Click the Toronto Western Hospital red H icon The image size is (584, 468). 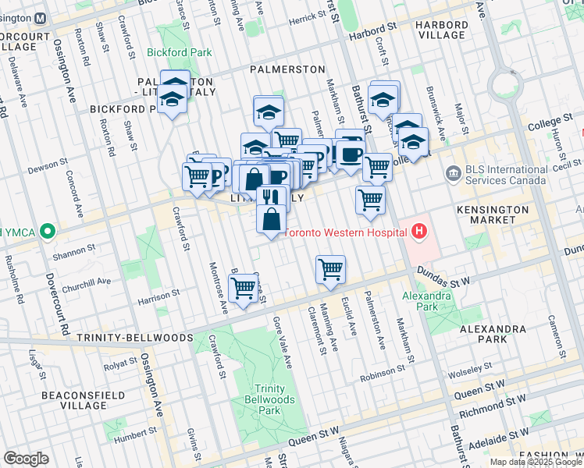pyautogui.click(x=420, y=232)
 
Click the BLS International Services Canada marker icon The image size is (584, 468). pyautogui.click(x=452, y=172)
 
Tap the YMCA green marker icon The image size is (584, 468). pyautogui.click(x=47, y=232)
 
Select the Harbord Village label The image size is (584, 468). pyautogui.click(x=442, y=30)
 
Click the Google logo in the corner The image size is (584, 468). pyautogui.click(x=26, y=459)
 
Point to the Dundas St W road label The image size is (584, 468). pyautogui.click(x=442, y=275)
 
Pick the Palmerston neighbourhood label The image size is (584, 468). pyautogui.click(x=287, y=69)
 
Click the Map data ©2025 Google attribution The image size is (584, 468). pyautogui.click(x=536, y=462)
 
